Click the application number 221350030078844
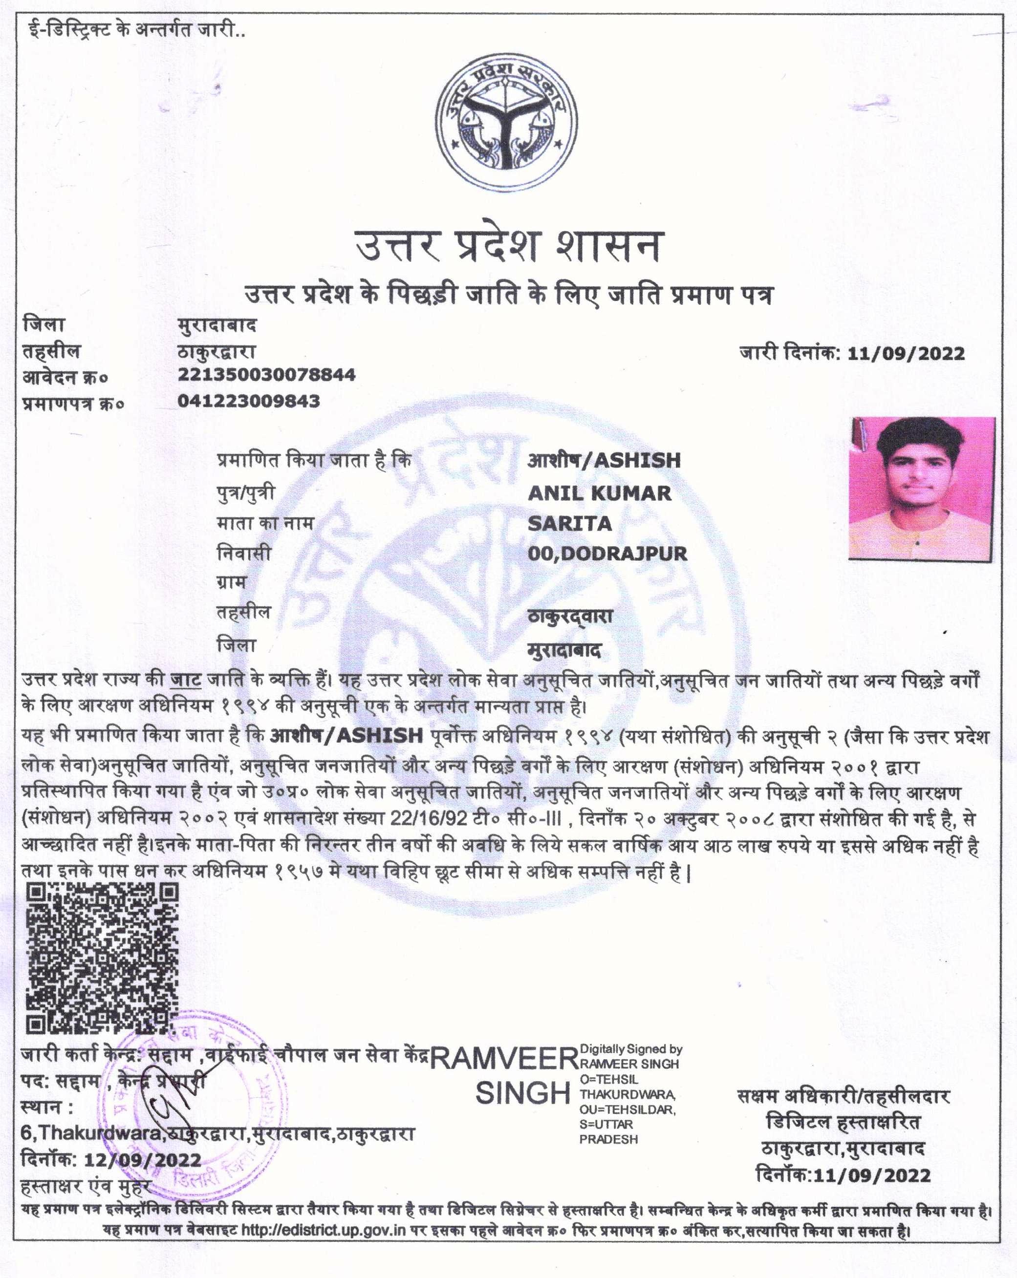(x=266, y=375)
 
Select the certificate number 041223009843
(x=248, y=401)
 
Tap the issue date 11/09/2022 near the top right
(x=906, y=354)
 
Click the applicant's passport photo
(x=922, y=489)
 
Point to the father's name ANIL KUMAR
(x=599, y=493)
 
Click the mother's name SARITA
(x=569, y=523)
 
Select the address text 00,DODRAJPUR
(x=606, y=554)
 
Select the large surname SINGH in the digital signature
(x=522, y=1092)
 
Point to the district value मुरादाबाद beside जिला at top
(x=216, y=325)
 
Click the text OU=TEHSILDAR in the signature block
(x=628, y=1109)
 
